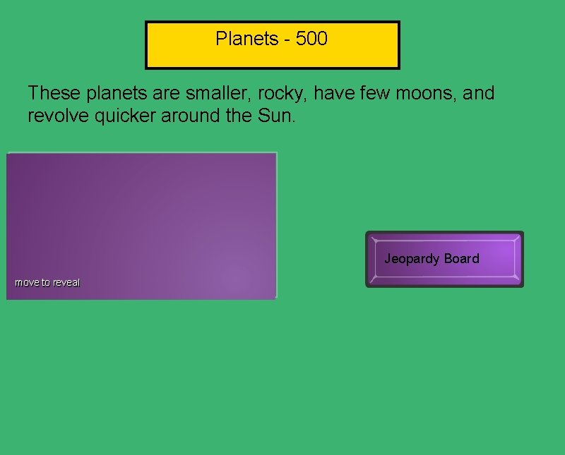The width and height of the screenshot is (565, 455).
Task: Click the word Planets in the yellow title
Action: pyautogui.click(x=246, y=39)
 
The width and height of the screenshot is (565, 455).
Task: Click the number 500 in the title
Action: pyautogui.click(x=311, y=39)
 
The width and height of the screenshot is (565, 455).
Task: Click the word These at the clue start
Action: pyautogui.click(x=50, y=93)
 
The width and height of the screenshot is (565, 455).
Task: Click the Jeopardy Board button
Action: pyautogui.click(x=444, y=259)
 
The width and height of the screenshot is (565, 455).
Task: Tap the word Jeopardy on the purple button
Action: pyautogui.click(x=412, y=259)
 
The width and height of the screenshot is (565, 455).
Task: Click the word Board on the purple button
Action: pyautogui.click(x=461, y=259)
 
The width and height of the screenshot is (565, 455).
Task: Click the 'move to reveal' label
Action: pyautogui.click(x=48, y=283)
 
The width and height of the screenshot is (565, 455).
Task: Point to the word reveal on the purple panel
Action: pyautogui.click(x=67, y=283)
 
